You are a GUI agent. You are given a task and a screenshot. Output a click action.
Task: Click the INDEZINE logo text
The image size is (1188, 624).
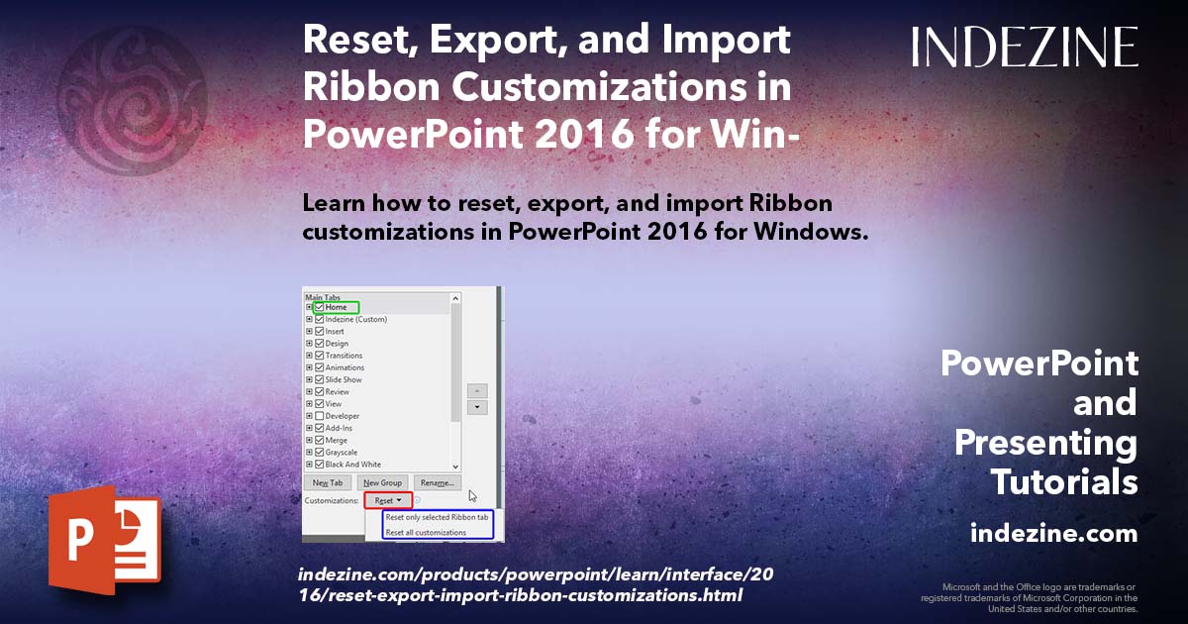coord(1025,47)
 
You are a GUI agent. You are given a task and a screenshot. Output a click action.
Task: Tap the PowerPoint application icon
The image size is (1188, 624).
coord(104,541)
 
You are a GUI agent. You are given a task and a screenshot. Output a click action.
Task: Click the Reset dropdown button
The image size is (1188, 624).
coord(387,501)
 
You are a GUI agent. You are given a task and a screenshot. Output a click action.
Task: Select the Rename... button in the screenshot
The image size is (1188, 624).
coord(437,482)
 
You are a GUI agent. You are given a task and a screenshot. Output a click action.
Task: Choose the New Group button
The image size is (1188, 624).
coord(381,482)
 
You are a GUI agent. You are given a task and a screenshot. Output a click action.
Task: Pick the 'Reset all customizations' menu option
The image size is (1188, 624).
coord(426,533)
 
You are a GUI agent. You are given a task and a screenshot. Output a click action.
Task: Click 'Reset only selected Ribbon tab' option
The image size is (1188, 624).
coord(437,518)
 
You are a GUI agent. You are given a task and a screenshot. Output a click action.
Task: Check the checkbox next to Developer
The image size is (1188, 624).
coord(319,416)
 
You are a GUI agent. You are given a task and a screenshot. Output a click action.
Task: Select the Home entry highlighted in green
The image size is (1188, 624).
coord(336,307)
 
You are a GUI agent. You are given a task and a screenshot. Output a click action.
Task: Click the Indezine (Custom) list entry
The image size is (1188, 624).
coord(355,319)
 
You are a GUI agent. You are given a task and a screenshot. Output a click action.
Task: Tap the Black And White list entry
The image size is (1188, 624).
coord(352,465)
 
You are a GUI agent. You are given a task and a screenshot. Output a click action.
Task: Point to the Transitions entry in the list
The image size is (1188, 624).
coord(344,356)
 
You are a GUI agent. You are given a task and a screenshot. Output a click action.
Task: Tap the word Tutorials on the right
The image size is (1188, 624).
coord(1064,482)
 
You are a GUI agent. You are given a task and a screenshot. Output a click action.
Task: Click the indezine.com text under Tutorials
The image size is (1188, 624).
coord(1053,534)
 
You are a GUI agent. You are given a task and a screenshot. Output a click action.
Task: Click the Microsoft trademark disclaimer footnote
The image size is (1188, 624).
coord(1030,597)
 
